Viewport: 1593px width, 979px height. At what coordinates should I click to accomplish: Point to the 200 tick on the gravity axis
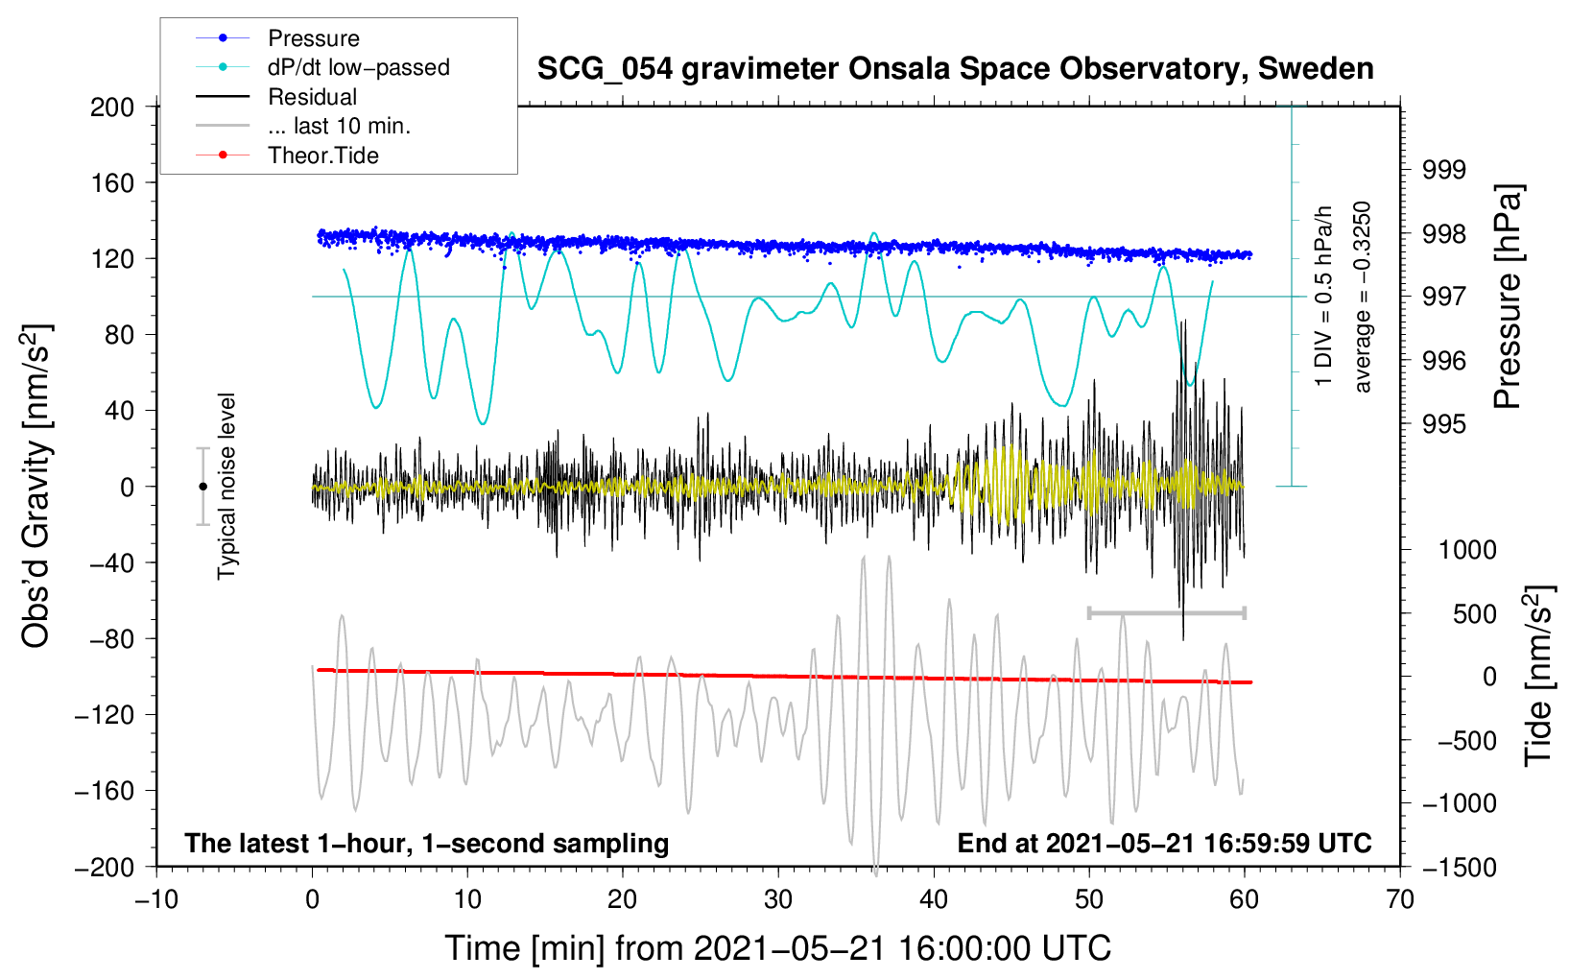[112, 107]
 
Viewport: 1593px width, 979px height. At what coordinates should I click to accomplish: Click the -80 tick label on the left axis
[112, 639]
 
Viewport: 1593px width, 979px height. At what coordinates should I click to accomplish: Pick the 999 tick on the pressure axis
[1444, 170]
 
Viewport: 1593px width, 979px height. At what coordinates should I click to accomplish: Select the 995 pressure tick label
[1444, 424]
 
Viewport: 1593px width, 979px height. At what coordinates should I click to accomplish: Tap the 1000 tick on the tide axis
[1466, 550]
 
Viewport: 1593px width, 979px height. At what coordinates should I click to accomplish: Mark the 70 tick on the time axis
[1400, 899]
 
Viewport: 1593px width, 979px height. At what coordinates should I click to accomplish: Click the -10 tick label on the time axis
[156, 899]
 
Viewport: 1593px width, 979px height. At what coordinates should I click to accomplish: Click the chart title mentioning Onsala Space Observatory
[955, 69]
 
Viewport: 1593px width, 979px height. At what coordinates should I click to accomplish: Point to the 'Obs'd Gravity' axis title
[36, 487]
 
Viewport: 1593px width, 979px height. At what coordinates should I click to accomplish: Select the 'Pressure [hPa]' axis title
[1508, 297]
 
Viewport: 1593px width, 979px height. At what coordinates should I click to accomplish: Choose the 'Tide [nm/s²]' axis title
[1538, 676]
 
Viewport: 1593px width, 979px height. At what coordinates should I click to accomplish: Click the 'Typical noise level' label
[226, 486]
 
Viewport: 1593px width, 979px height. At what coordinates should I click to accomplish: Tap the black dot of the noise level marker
[202, 487]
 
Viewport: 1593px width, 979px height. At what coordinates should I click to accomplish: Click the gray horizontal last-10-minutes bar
[1166, 612]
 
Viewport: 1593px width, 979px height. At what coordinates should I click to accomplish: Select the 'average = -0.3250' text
[1362, 297]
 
